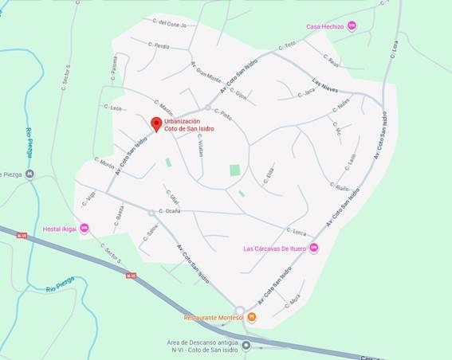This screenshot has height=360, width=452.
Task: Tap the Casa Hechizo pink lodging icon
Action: pos(352,26)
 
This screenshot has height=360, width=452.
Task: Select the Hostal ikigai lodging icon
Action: pos(85,229)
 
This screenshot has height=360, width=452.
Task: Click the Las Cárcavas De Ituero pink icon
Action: pos(313,248)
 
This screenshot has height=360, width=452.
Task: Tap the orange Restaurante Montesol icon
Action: pos(252,317)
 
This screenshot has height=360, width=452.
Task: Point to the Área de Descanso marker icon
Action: pos(246,346)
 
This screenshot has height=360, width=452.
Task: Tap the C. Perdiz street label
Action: pos(159,46)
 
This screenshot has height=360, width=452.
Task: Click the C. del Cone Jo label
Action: pos(170,24)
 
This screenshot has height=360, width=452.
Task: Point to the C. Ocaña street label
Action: pos(169,211)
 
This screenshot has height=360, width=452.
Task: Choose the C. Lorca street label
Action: pos(297,233)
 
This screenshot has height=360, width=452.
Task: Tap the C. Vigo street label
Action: pos(89,198)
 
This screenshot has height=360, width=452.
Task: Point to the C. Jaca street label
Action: pos(306,93)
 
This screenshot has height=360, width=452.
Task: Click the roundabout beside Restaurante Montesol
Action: pos(239,311)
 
